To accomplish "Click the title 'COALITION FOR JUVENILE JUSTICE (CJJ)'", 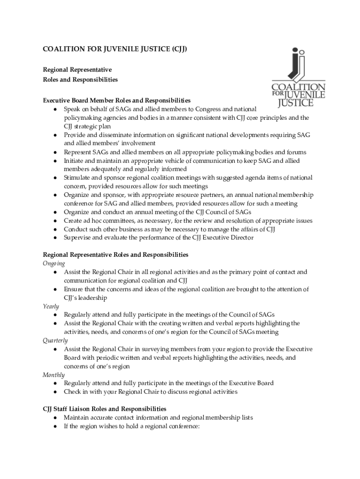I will (x=115, y=50).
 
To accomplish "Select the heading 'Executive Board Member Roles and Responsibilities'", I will (x=116, y=101).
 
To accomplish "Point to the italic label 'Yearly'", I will (x=51, y=306).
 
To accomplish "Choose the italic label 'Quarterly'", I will (x=55, y=341).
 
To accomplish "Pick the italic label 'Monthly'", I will (x=54, y=375).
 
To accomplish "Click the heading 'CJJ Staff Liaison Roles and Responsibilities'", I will (x=104, y=409).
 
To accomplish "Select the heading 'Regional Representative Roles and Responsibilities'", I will (x=115, y=255).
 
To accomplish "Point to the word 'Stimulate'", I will (x=78, y=178).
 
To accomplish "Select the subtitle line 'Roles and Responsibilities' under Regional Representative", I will (x=80, y=80).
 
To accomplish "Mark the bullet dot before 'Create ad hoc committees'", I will (x=55, y=221).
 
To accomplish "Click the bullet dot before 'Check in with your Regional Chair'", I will (x=55, y=392).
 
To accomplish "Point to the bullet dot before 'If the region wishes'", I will (x=55, y=426).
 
